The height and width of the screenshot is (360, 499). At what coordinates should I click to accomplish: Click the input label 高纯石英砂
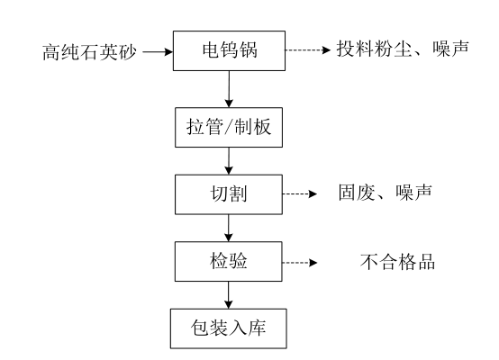[89, 52]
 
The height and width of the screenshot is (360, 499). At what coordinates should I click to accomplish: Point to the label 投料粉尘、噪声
[403, 49]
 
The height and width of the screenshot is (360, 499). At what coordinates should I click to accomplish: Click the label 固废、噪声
[386, 193]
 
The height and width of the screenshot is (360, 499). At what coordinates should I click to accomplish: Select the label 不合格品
[398, 262]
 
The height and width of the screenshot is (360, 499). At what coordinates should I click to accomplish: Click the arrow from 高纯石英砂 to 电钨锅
[158, 51]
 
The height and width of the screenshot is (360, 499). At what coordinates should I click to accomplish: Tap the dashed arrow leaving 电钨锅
[308, 49]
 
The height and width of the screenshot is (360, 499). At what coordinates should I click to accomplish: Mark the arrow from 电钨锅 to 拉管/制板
[229, 89]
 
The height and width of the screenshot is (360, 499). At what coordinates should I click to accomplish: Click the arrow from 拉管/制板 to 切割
[229, 161]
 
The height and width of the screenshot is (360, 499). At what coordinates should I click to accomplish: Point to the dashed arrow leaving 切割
[300, 193]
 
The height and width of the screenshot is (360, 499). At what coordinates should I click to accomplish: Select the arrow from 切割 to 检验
[229, 228]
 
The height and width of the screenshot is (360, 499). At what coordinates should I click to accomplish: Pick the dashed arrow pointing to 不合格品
[300, 263]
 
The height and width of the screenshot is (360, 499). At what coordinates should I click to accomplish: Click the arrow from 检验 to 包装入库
[229, 295]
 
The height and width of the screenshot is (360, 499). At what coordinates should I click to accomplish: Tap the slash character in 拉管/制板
[229, 127]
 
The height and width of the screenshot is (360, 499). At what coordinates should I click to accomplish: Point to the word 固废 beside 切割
[357, 193]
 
